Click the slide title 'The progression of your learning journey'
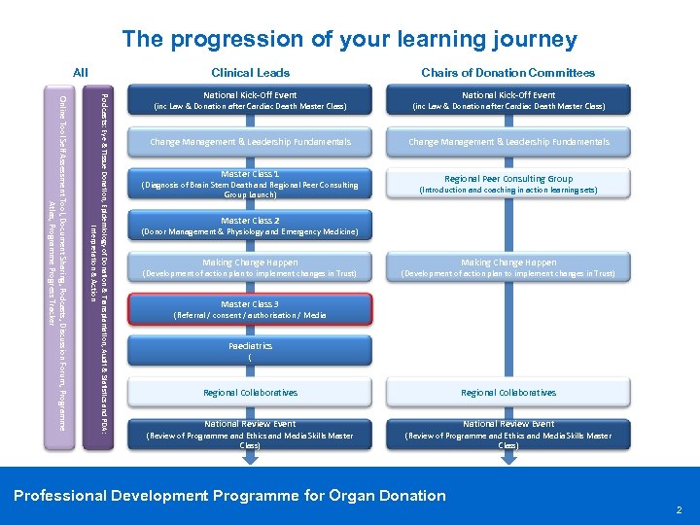click(349, 40)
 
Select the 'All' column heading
click(81, 72)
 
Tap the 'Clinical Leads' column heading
click(251, 72)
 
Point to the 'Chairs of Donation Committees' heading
click(507, 72)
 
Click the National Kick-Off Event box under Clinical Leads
click(251, 100)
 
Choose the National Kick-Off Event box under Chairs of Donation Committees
click(508, 100)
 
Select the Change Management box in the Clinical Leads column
click(251, 142)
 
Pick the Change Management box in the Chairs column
click(508, 142)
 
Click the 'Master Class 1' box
click(251, 184)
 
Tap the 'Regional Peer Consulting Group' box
click(508, 184)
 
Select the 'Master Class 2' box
click(251, 226)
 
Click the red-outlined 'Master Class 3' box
click(251, 309)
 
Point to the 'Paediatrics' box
click(251, 351)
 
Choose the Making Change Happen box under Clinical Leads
click(251, 267)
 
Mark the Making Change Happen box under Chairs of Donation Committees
click(508, 267)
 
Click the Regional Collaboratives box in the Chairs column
click(508, 393)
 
